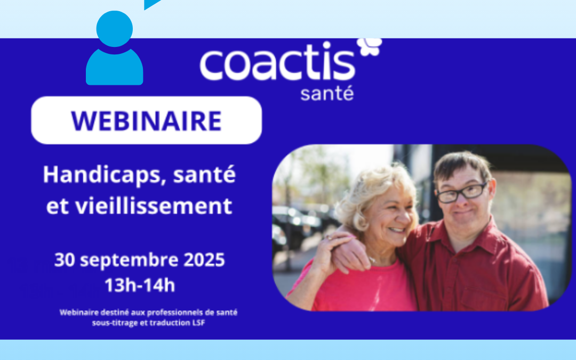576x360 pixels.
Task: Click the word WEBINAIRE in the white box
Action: tap(146, 121)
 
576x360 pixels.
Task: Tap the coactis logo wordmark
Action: tap(277, 61)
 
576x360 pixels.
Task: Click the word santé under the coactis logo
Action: tap(327, 93)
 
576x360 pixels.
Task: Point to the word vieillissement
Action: tap(154, 206)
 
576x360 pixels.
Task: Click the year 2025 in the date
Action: tap(204, 260)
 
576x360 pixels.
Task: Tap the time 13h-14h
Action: tap(140, 285)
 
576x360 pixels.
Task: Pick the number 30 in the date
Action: tap(65, 260)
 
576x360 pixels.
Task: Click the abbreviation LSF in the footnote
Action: tap(199, 323)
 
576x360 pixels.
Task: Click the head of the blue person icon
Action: tap(114, 29)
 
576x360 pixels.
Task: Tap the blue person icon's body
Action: tap(114, 67)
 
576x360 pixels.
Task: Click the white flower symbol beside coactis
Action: tap(370, 46)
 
